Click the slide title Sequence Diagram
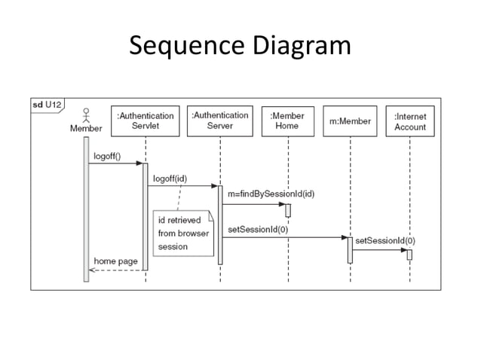click(x=240, y=47)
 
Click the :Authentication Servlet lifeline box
click(x=146, y=121)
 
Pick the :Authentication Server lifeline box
click(x=219, y=121)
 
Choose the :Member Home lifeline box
click(x=287, y=121)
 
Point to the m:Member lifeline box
click(x=350, y=121)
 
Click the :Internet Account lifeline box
click(x=410, y=121)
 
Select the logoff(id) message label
click(x=170, y=178)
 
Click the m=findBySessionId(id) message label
click(x=271, y=194)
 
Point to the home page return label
click(x=115, y=261)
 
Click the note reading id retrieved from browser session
click(x=183, y=232)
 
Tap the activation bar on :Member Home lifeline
click(x=287, y=210)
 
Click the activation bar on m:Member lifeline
click(x=350, y=250)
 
